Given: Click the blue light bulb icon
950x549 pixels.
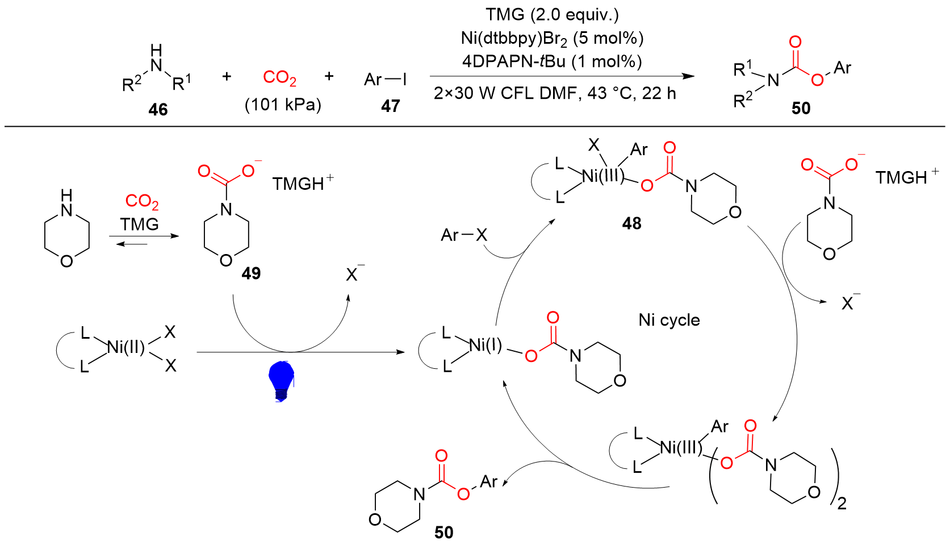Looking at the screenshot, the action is [281, 381].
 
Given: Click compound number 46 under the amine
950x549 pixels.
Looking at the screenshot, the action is [158, 110].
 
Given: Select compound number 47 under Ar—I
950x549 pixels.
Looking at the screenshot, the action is [390, 106].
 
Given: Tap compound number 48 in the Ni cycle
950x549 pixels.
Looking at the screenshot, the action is [631, 223].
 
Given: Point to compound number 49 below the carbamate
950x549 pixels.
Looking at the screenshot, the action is [251, 273].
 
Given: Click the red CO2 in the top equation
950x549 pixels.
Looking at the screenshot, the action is [279, 78].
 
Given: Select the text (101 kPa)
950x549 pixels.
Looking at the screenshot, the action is [283, 105].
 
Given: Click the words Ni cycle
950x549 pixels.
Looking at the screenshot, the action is [669, 320].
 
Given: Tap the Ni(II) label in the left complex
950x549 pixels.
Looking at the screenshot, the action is [126, 348].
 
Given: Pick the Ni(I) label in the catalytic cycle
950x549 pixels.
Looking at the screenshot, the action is [486, 346].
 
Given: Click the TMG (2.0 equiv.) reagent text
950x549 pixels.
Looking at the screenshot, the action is [552, 15].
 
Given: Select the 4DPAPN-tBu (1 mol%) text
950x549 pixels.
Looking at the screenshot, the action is [552, 61].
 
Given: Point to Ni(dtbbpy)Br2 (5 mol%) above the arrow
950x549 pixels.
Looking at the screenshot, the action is [552, 39].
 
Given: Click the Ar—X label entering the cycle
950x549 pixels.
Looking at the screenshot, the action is [464, 235].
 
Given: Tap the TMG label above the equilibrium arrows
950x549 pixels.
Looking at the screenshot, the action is [139, 224].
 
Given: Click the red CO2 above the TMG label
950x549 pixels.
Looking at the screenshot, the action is [141, 202].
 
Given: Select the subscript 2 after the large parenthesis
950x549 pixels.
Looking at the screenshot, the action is [842, 503].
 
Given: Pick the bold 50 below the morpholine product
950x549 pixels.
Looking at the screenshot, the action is [443, 533].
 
